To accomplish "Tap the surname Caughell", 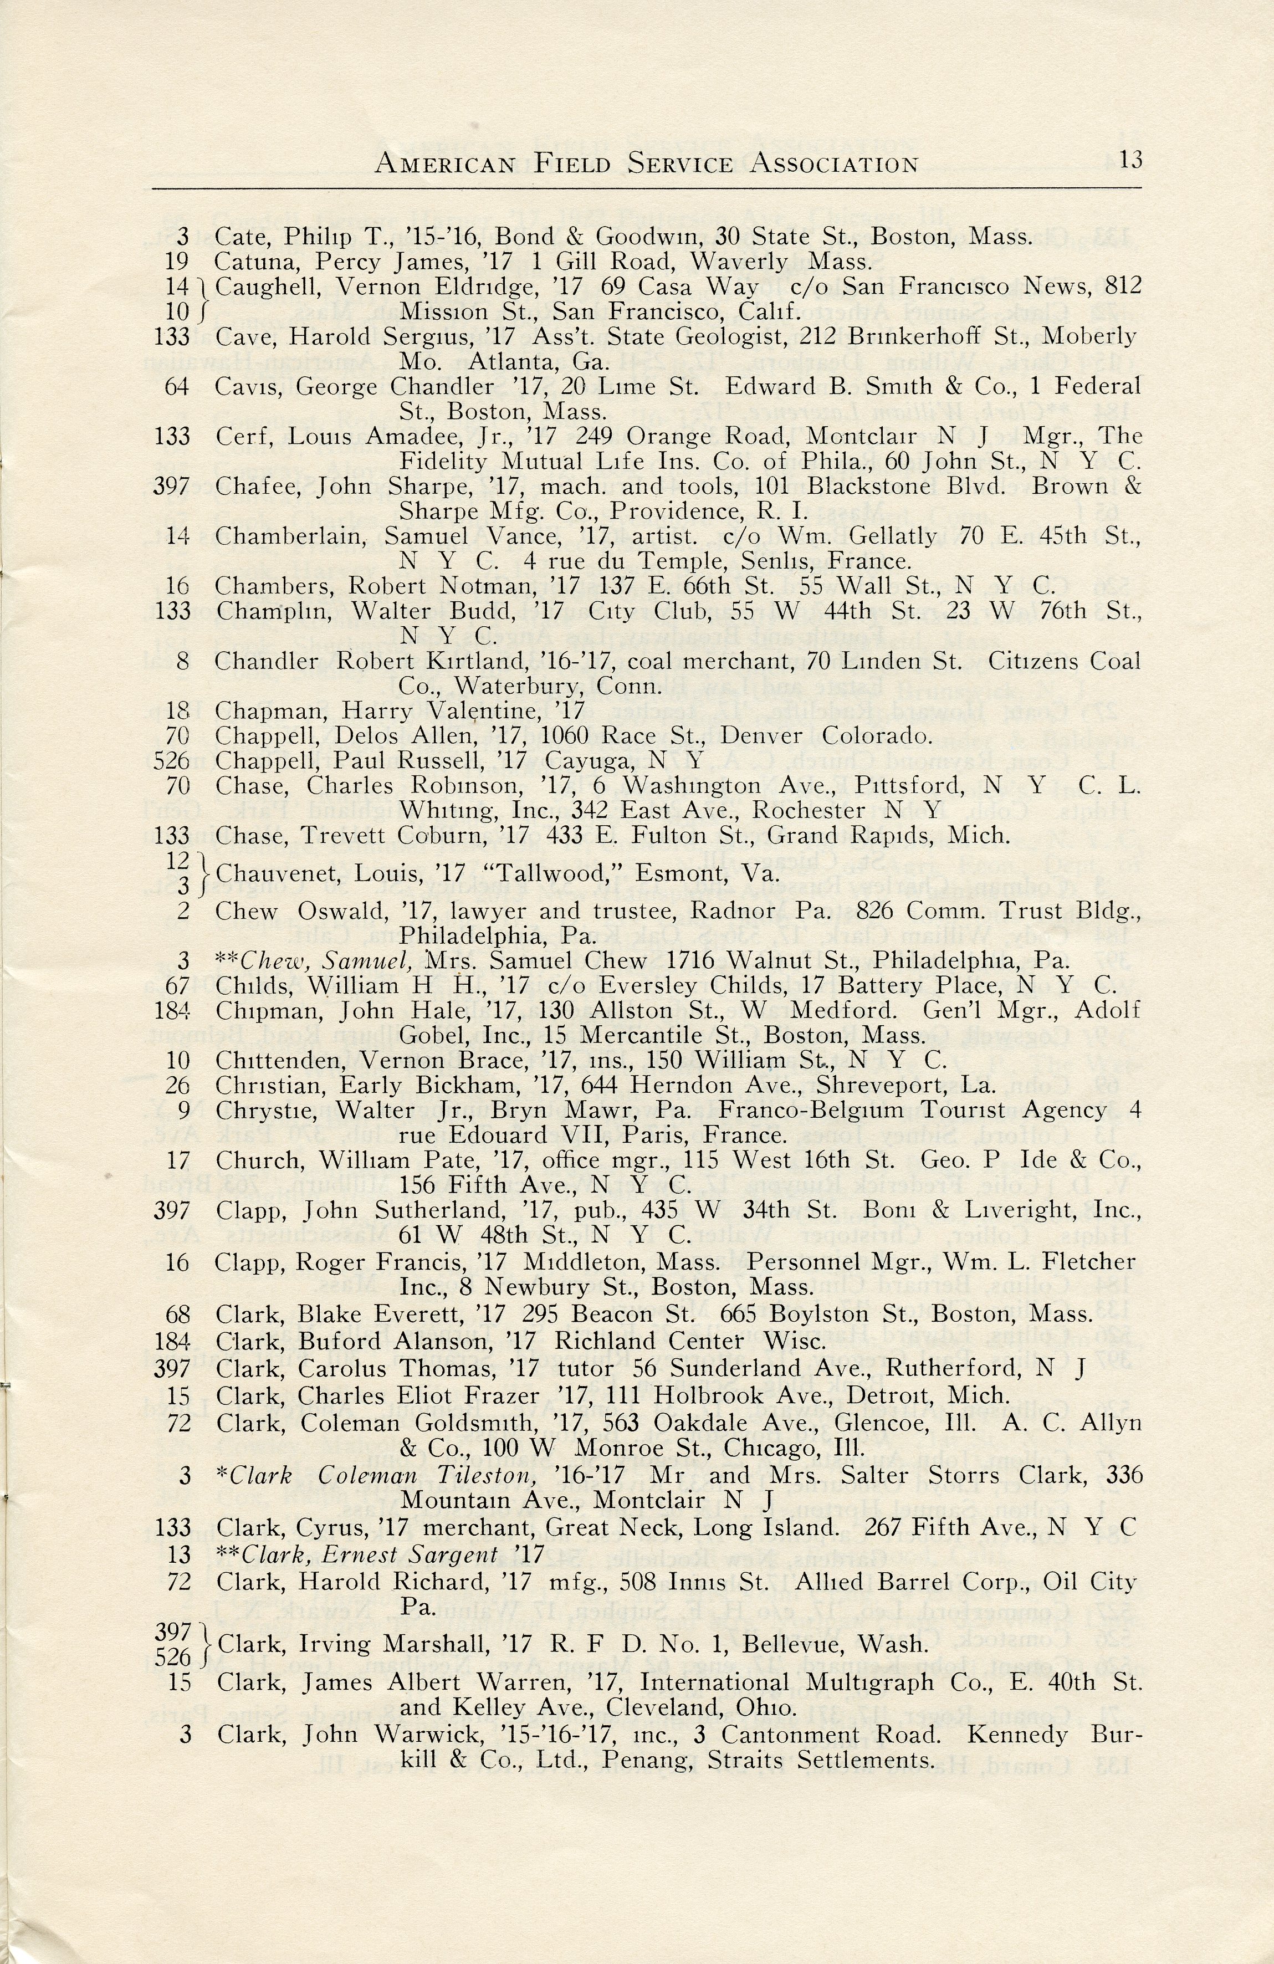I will (260, 287).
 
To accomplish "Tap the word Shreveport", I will (894, 1085).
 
